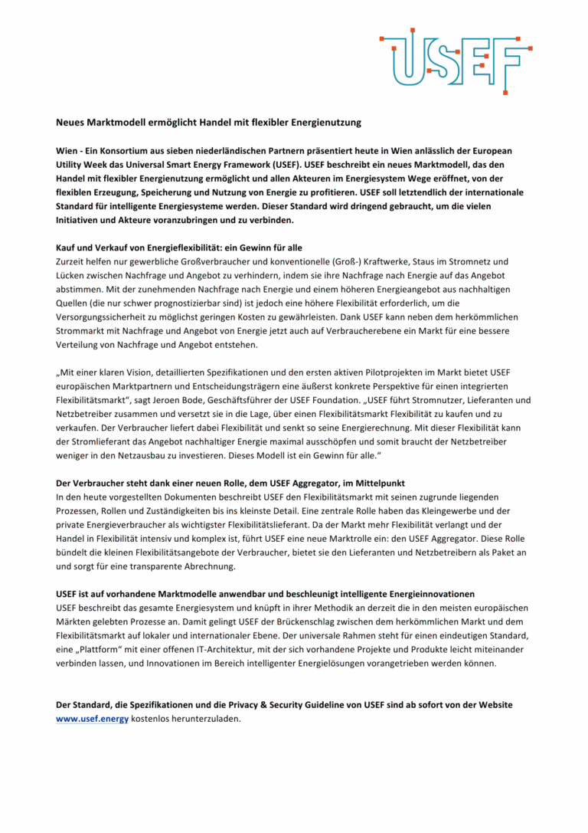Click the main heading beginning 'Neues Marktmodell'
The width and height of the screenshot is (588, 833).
[208, 122]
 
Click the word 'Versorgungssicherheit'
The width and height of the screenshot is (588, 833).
[104, 317]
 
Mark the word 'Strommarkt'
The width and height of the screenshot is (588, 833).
[83, 331]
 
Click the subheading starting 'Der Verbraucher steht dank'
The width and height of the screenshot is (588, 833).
[230, 484]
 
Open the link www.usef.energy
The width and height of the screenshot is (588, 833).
[92, 719]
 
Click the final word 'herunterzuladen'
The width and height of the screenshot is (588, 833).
[202, 719]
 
